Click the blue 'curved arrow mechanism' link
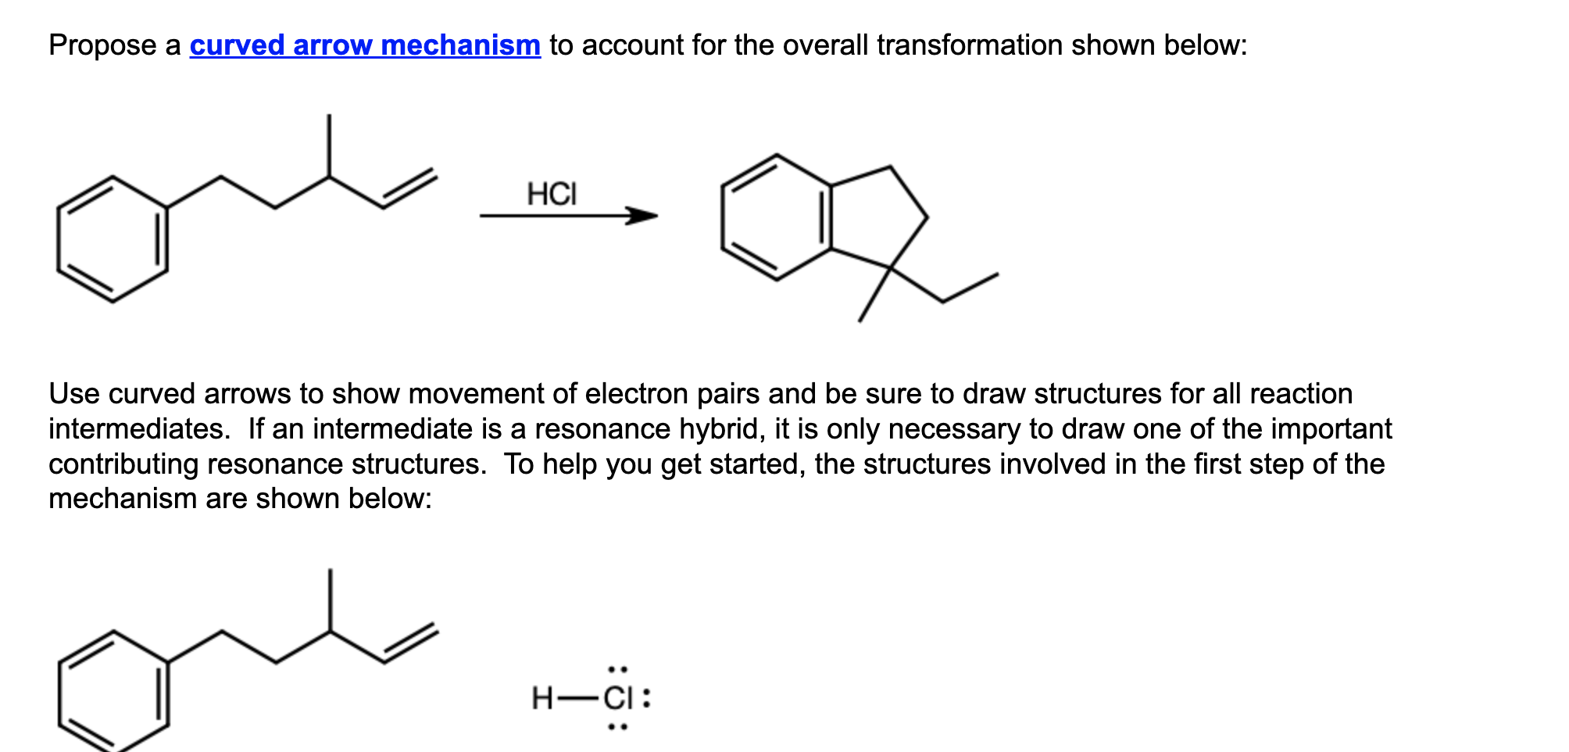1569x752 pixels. pos(365,45)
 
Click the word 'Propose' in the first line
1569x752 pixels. pos(102,45)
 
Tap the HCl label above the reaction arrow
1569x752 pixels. pos(552,194)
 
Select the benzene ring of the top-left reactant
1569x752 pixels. pos(113,239)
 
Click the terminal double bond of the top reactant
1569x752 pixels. pos(409,189)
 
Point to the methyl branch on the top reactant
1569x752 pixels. pos(329,145)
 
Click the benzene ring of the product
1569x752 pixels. pos(777,217)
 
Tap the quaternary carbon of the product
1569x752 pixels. pos(890,268)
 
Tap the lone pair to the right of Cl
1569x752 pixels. pos(646,698)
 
